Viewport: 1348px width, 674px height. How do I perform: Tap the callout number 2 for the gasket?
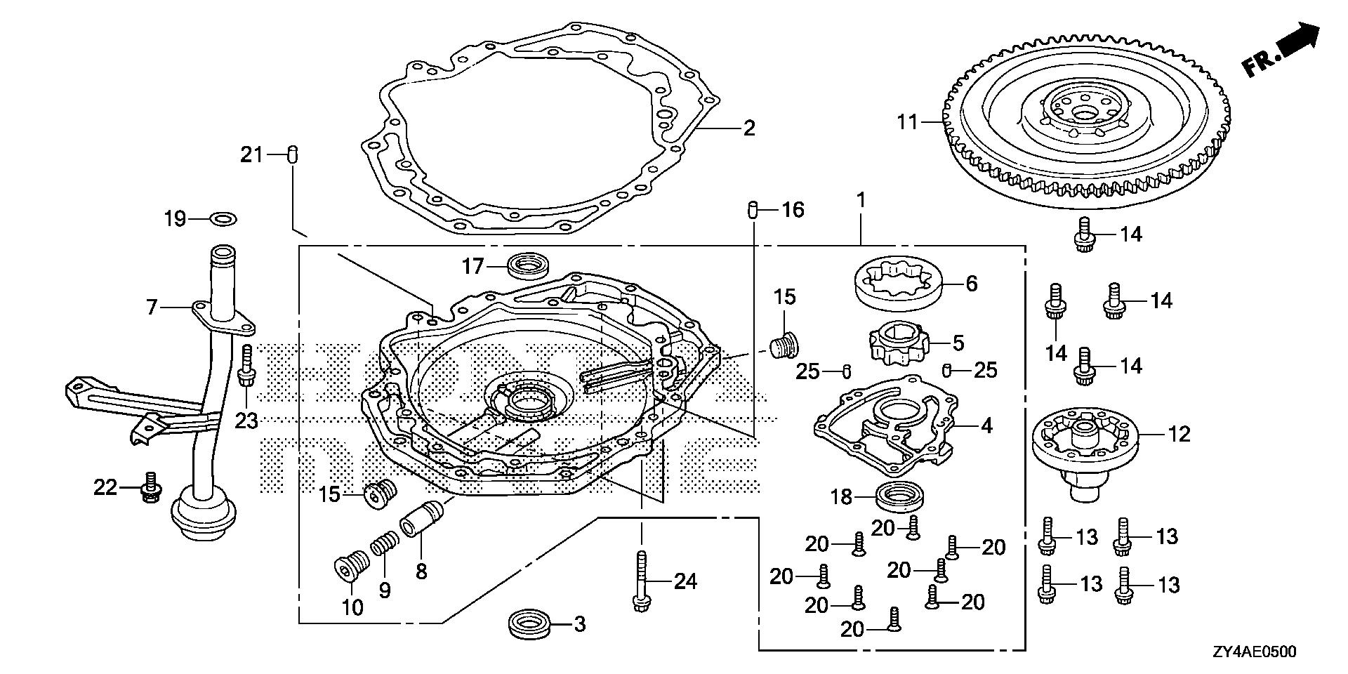pos(748,128)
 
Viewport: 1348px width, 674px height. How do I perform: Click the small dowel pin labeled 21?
pos(294,154)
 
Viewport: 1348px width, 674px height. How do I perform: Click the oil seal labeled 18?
pos(898,497)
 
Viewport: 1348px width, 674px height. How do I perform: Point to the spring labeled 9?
pos(385,543)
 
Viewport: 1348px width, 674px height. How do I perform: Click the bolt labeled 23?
pos(246,365)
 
